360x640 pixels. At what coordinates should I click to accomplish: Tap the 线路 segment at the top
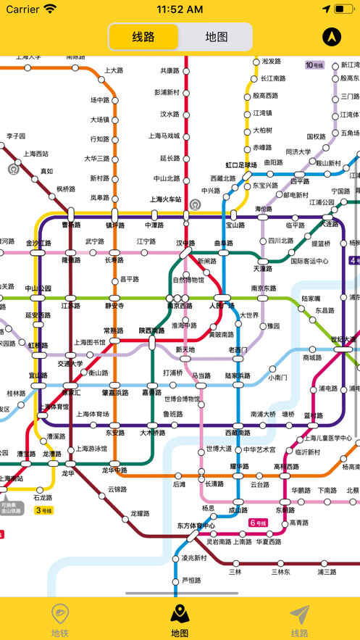point(143,37)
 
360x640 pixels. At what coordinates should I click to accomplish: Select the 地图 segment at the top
point(216,37)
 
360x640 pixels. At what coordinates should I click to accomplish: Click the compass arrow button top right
point(332,37)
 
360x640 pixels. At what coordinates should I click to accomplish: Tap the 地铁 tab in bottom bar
point(60,620)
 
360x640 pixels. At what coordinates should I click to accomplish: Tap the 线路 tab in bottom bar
point(299,620)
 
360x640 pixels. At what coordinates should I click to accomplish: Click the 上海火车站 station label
point(165,199)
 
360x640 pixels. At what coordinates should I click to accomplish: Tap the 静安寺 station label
point(114,306)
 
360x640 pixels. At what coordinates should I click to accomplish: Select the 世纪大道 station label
point(343,338)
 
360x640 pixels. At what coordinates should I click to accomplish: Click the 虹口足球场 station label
point(241,165)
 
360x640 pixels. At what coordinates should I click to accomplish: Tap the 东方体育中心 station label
point(196,525)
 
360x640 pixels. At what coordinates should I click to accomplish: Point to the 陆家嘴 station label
point(311,298)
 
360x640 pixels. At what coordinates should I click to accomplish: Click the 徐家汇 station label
point(71,393)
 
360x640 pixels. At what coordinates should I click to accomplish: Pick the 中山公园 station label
point(38,288)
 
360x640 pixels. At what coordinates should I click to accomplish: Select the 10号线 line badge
point(315,65)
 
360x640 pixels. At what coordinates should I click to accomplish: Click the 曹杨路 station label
point(71,225)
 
